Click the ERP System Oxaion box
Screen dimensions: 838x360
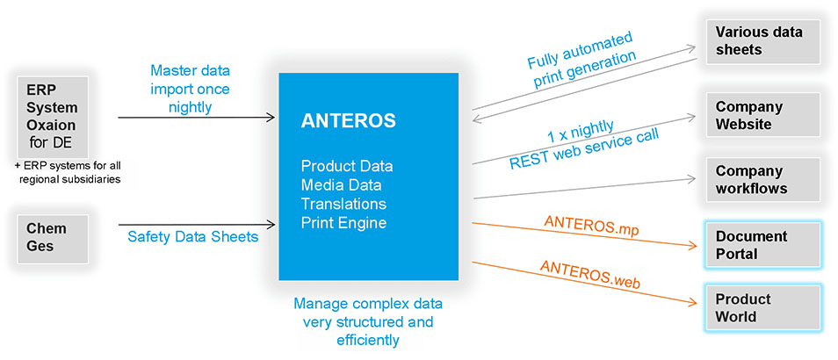(x=53, y=117)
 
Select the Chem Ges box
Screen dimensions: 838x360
(x=53, y=239)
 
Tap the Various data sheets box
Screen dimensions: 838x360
(x=762, y=41)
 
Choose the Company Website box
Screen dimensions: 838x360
(x=762, y=115)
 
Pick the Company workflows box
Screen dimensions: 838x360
(x=762, y=179)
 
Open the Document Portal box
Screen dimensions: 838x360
(x=762, y=245)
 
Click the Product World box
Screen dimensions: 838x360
(x=762, y=307)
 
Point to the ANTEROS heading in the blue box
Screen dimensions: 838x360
(x=349, y=120)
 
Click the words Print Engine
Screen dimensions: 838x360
(x=343, y=223)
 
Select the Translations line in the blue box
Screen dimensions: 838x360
(x=343, y=204)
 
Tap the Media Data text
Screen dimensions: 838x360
(x=341, y=184)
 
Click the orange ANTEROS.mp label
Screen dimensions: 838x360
(x=592, y=227)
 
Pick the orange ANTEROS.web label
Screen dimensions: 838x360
(x=590, y=273)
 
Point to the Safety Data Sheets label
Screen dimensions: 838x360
(x=193, y=236)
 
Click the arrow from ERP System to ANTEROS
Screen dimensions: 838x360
(x=197, y=117)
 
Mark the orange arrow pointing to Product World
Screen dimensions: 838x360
(x=585, y=283)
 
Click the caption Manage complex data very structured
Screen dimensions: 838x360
(x=368, y=313)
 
